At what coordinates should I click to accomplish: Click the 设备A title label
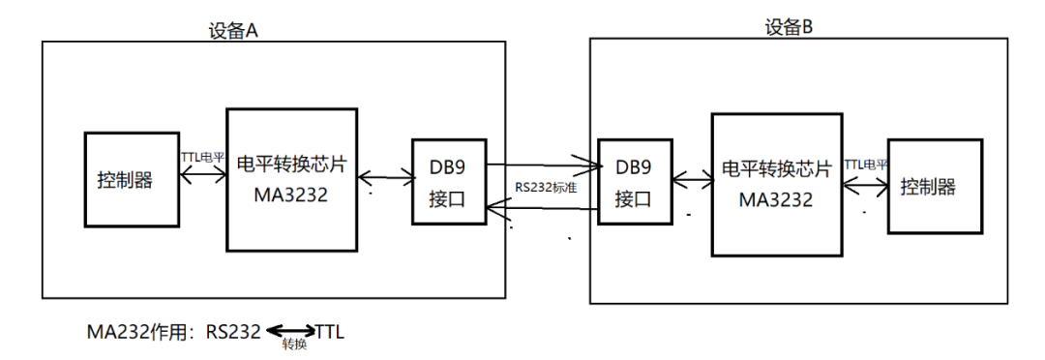click(x=233, y=30)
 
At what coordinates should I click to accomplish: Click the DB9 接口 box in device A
click(x=448, y=182)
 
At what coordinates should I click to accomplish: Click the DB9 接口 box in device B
click(x=634, y=182)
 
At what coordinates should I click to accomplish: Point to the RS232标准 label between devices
click(x=546, y=188)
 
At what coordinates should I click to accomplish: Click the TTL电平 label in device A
click(x=202, y=156)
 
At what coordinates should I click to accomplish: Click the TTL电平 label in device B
click(x=865, y=165)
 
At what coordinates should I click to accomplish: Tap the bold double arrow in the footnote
click(x=290, y=331)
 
